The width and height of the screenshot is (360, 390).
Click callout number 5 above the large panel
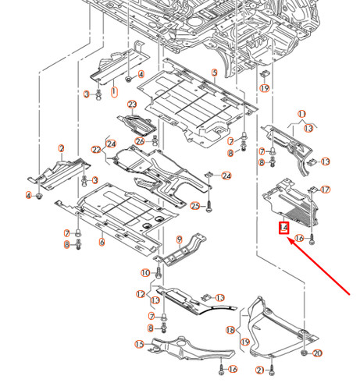point(213,73)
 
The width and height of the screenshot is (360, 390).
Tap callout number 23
point(133,105)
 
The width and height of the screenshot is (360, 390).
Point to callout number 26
point(139,141)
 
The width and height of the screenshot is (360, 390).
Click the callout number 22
point(96,150)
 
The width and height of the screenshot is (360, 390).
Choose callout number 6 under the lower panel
point(101,243)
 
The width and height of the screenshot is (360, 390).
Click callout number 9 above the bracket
point(179,239)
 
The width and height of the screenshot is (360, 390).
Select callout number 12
point(141,294)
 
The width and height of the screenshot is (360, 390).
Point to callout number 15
point(139,344)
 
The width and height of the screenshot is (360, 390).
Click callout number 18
point(230,331)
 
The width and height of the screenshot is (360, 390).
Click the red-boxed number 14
point(284,229)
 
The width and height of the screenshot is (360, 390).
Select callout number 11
point(301,114)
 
